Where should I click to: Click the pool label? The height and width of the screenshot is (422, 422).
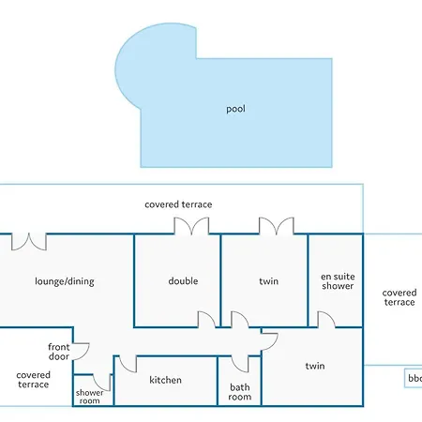[x=235, y=109]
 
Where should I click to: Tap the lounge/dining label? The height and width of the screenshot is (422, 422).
[x=65, y=281]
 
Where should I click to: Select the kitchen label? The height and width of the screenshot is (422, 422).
[x=165, y=380]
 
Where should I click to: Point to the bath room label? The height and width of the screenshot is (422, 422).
[x=240, y=392]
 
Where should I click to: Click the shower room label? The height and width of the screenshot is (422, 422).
[x=89, y=397]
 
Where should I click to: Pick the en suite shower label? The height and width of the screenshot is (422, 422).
[x=338, y=281]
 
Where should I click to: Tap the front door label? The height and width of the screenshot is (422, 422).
[x=59, y=352]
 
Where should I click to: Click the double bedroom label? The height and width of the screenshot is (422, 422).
[x=183, y=281]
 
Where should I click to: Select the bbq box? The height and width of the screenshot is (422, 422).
[x=414, y=378]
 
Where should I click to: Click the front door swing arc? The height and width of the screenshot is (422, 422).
[x=85, y=354]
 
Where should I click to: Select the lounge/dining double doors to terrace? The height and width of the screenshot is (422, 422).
[x=29, y=242]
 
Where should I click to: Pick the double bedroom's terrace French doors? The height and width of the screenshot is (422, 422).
[x=191, y=226]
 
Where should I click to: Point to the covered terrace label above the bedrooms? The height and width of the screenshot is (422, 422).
[x=178, y=204]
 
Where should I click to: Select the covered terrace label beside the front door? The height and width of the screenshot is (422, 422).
[x=33, y=380]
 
